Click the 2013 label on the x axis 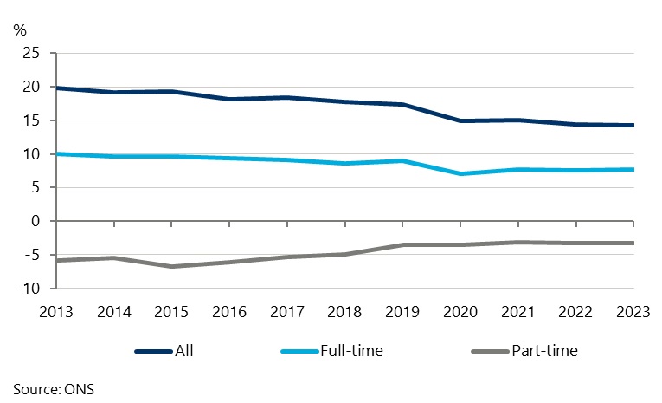click(x=56, y=309)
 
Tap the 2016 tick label click(x=228, y=309)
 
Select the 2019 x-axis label click(x=402, y=309)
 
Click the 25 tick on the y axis click(x=32, y=54)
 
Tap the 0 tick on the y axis click(x=36, y=221)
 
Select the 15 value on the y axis click(x=32, y=120)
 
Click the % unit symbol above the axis click(x=20, y=29)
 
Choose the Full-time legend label click(x=353, y=351)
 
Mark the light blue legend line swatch click(x=301, y=351)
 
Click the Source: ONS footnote click(x=54, y=389)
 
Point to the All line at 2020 click(x=460, y=120)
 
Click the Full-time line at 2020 click(x=460, y=173)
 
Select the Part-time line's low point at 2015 click(x=171, y=266)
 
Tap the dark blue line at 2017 click(x=286, y=97)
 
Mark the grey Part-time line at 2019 click(x=402, y=244)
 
